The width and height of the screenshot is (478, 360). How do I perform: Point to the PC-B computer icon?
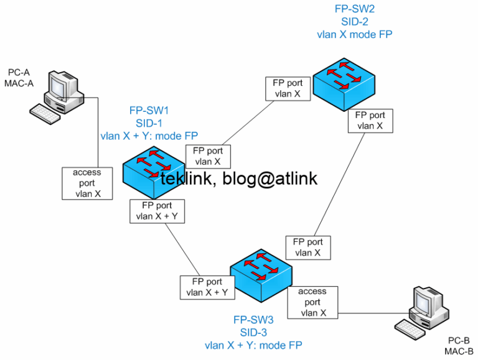424,310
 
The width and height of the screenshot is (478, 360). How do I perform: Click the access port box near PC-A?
87,183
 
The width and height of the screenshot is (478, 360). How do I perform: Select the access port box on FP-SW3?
312,302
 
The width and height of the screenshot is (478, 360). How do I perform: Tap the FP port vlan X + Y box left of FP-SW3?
207,287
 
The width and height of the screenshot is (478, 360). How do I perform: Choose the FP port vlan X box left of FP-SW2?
288,88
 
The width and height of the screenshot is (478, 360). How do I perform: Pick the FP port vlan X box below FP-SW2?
370,120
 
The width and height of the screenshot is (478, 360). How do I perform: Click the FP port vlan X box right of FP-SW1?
208,156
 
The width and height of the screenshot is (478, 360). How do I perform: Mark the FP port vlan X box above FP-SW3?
307,247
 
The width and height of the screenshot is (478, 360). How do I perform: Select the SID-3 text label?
253,332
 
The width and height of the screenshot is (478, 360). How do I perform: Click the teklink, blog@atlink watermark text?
239,179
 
